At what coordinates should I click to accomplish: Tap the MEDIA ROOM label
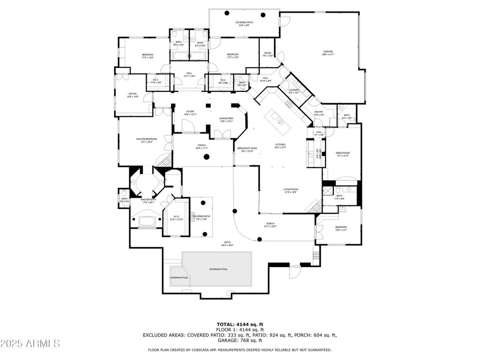pyautogui.click(x=343, y=153)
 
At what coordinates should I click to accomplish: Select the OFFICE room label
pyautogui.click(x=133, y=94)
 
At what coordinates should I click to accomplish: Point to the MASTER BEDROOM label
pyautogui.click(x=147, y=139)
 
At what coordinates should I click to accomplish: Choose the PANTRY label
pyautogui.click(x=319, y=112)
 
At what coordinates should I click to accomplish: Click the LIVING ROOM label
pyautogui.click(x=291, y=189)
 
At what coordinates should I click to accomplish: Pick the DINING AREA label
pyautogui.click(x=226, y=119)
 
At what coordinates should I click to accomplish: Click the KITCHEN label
pyautogui.click(x=280, y=145)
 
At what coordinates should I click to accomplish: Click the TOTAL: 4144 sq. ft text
pyautogui.click(x=240, y=324)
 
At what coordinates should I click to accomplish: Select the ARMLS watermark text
pyautogui.click(x=30, y=344)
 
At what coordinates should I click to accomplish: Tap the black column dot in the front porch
pyautogui.click(x=206, y=157)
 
